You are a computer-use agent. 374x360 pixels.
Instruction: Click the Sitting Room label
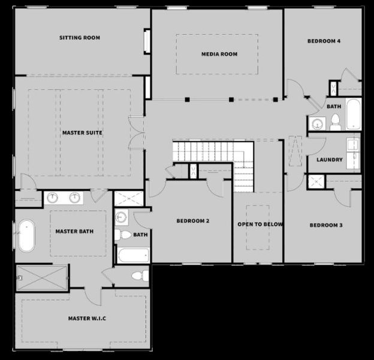(x=79, y=38)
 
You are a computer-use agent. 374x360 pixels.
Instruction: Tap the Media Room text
(x=219, y=54)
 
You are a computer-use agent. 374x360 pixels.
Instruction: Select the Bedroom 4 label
(x=324, y=41)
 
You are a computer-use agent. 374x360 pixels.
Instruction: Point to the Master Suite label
(x=82, y=132)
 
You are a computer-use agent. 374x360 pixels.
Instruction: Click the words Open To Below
(x=260, y=224)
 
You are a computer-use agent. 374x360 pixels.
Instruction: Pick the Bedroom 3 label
(x=326, y=226)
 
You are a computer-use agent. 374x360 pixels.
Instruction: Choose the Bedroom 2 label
(x=192, y=221)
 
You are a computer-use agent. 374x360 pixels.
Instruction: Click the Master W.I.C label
(x=87, y=318)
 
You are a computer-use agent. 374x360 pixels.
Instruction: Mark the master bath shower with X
(x=42, y=276)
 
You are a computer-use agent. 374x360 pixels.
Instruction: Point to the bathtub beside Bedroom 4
(x=352, y=114)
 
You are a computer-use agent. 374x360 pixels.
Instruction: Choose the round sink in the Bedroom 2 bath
(x=122, y=217)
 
